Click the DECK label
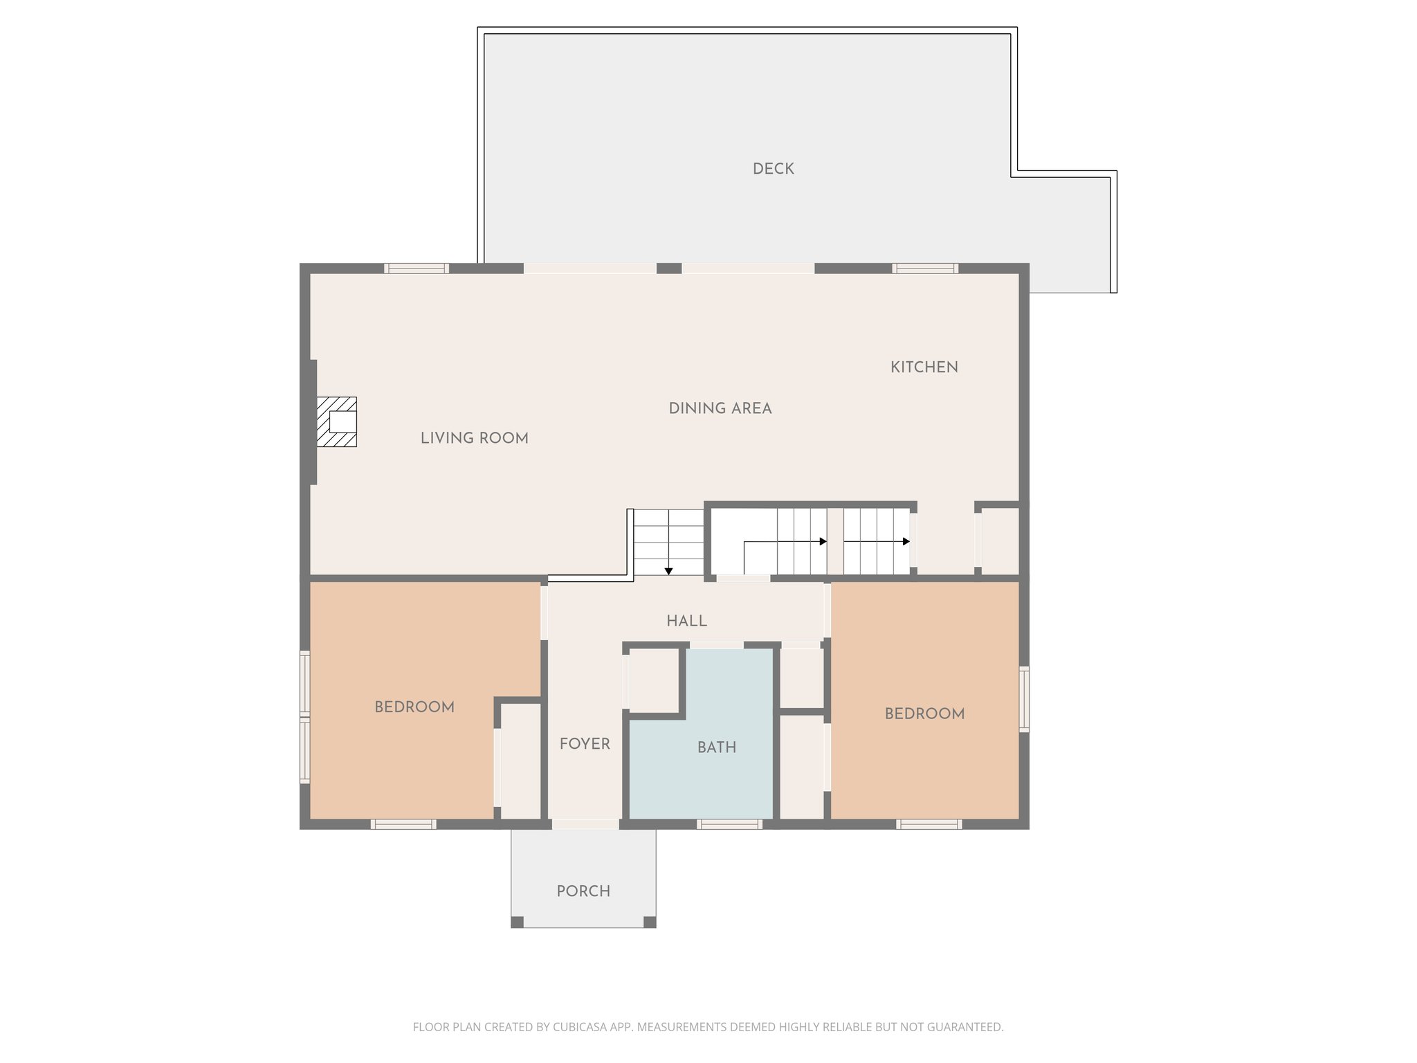click(773, 169)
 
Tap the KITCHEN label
click(924, 367)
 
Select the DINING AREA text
click(720, 408)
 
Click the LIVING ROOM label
click(474, 438)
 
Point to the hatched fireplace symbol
click(337, 421)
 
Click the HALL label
click(686, 621)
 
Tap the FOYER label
click(585, 744)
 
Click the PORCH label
click(583, 891)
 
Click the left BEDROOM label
click(414, 707)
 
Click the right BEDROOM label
click(924, 714)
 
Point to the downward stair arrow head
click(668, 571)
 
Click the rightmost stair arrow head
click(906, 541)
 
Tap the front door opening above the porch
click(585, 824)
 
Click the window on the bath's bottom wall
click(729, 824)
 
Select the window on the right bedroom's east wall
click(1024, 698)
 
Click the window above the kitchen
click(924, 269)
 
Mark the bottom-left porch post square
click(517, 922)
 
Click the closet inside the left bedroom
click(520, 760)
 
